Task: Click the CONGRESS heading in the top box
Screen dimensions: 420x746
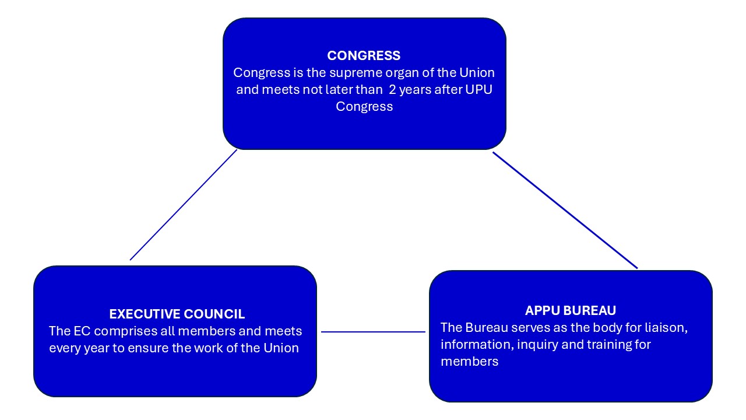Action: point(364,56)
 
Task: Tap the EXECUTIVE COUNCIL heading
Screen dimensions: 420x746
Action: point(177,314)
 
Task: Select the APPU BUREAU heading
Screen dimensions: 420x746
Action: point(570,310)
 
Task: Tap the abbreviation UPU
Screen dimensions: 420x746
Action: point(481,90)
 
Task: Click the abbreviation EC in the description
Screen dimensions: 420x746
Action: point(79,331)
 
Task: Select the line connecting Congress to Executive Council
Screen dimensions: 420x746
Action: point(184,205)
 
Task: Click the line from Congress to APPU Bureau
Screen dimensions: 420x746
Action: point(565,211)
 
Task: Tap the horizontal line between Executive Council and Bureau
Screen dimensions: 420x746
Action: point(373,332)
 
